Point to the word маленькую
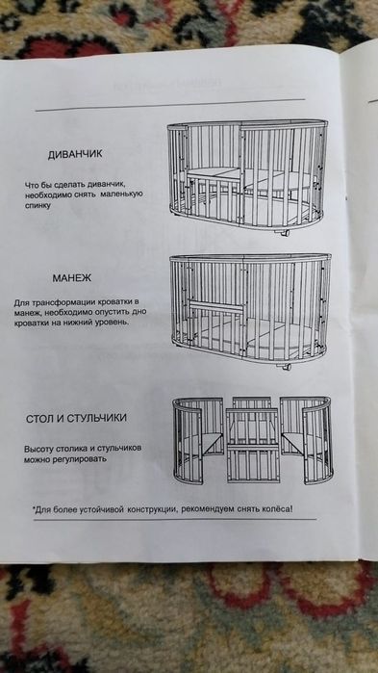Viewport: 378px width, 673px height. pos(120,194)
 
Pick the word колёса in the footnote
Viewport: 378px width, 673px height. pos(273,507)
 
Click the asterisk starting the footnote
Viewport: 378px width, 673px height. pos(35,505)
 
